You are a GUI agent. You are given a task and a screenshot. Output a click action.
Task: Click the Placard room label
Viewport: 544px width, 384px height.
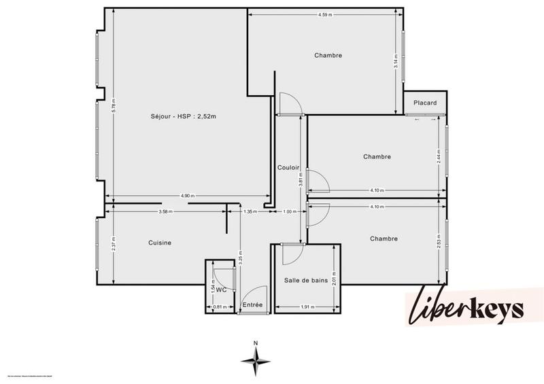click(426, 103)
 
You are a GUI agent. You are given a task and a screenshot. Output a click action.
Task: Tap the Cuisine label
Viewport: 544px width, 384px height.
click(160, 243)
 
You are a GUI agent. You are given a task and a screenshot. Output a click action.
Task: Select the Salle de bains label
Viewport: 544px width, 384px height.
click(305, 280)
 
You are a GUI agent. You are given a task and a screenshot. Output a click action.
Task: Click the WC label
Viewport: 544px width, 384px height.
click(221, 289)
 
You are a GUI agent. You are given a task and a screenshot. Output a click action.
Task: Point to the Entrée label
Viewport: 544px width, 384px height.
click(252, 305)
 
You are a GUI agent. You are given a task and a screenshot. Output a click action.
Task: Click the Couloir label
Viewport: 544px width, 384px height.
click(289, 167)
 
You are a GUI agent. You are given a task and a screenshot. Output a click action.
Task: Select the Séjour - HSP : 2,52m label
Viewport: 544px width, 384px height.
click(178, 116)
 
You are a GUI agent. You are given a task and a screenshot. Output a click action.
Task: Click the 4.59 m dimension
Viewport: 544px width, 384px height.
click(325, 14)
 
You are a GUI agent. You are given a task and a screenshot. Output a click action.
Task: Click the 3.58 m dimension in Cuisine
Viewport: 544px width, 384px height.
click(165, 212)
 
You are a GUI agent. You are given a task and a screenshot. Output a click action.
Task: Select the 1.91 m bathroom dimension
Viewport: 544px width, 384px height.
click(307, 307)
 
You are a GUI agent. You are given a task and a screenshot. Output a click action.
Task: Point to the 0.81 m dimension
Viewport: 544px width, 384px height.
click(219, 307)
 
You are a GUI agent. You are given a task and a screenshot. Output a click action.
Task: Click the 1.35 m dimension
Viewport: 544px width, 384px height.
click(250, 212)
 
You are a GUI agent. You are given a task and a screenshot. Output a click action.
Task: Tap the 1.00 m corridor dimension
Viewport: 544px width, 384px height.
click(290, 212)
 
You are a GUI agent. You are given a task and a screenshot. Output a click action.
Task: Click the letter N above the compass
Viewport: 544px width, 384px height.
click(255, 343)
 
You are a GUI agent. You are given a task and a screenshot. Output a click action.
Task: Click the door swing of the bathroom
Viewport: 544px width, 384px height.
click(291, 254)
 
